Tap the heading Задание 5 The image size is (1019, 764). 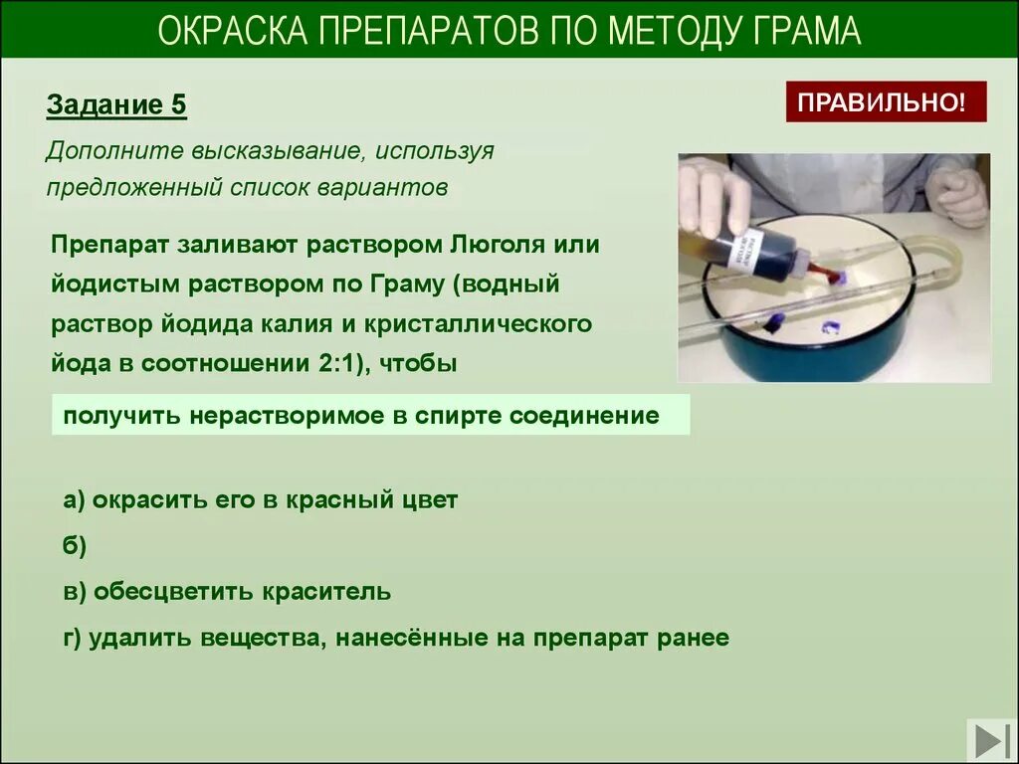116,105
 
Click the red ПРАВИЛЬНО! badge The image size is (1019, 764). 886,101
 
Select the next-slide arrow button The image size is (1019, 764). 990,741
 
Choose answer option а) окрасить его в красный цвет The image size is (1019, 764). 260,500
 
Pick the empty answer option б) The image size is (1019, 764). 75,545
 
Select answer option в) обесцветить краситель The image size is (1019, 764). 227,592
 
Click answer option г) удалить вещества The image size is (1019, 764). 395,638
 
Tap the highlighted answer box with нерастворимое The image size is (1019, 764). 370,416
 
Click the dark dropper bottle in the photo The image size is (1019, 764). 741,249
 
